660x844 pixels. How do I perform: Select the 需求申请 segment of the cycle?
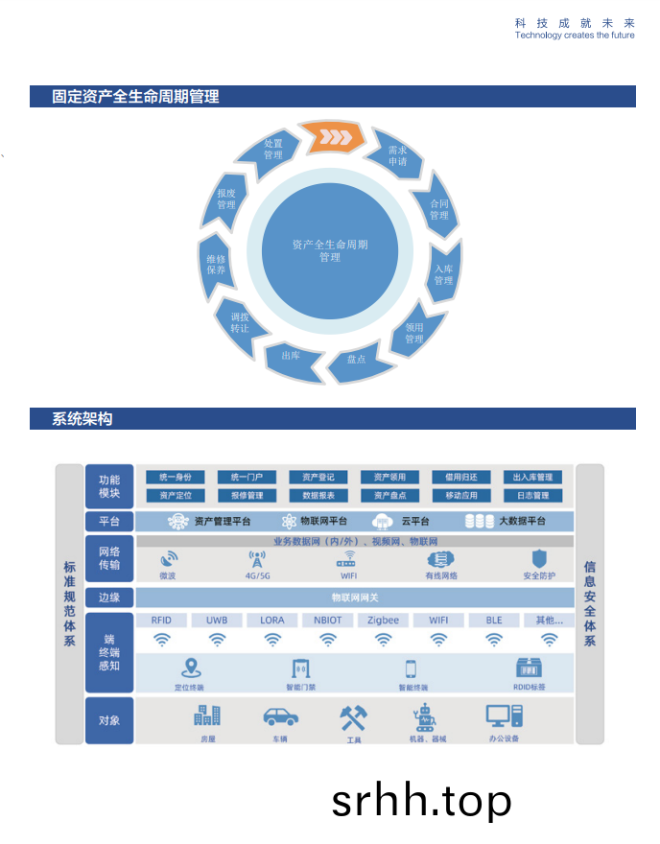point(396,155)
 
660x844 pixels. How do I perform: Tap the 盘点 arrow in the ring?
point(356,360)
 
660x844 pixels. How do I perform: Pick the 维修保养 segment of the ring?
point(216,265)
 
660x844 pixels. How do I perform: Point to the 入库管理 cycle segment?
point(442,274)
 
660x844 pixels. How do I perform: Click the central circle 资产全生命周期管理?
point(330,250)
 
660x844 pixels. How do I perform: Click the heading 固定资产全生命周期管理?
point(136,97)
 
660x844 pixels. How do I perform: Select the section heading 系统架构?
point(82,419)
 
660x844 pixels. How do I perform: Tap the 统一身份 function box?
point(175,477)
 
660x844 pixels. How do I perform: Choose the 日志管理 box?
point(532,496)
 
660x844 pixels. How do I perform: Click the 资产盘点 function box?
point(389,496)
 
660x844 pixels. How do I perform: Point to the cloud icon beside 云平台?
point(383,522)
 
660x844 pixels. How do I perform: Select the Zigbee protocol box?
point(384,621)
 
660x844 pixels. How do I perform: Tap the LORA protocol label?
point(272,621)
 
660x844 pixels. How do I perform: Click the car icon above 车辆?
point(280,716)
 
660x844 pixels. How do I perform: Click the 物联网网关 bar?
point(354,598)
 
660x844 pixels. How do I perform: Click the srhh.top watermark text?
point(421,800)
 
